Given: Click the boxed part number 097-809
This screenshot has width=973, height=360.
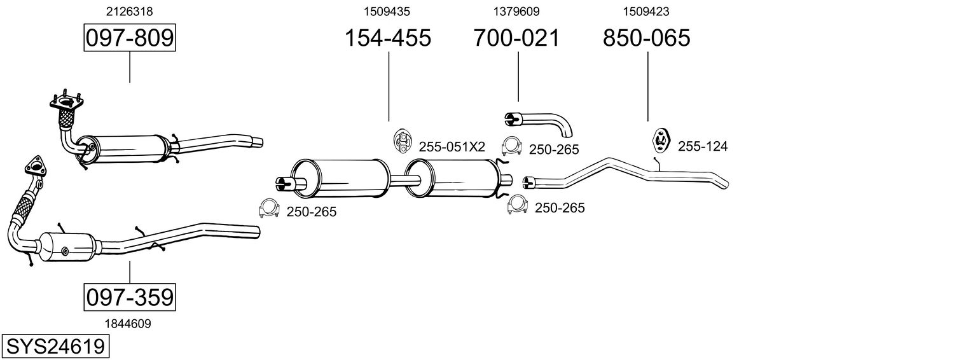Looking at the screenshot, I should click(130, 38).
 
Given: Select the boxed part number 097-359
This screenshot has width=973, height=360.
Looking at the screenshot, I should click(130, 297).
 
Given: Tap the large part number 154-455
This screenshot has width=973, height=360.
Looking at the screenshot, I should click(388, 38).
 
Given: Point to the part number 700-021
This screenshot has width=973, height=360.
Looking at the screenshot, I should click(517, 38).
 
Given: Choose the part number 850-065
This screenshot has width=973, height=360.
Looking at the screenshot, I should click(647, 38).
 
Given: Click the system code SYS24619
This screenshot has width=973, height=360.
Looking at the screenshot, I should click(55, 347).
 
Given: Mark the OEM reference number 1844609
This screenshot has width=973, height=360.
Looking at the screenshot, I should click(128, 324).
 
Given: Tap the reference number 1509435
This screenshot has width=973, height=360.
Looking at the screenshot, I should click(387, 11).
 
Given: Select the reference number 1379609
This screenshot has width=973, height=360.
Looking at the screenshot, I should click(516, 11).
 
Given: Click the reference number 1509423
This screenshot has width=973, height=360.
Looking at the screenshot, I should click(645, 11).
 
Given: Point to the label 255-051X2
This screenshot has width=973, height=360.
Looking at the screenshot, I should click(452, 147).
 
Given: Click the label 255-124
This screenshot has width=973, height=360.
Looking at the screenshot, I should click(703, 147).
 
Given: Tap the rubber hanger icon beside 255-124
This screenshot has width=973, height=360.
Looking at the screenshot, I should click(661, 141).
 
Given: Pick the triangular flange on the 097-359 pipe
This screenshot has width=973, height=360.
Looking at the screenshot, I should click(36, 166).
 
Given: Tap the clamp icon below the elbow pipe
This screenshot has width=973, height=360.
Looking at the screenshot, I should click(511, 148).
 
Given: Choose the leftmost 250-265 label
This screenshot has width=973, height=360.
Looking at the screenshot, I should click(311, 212).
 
